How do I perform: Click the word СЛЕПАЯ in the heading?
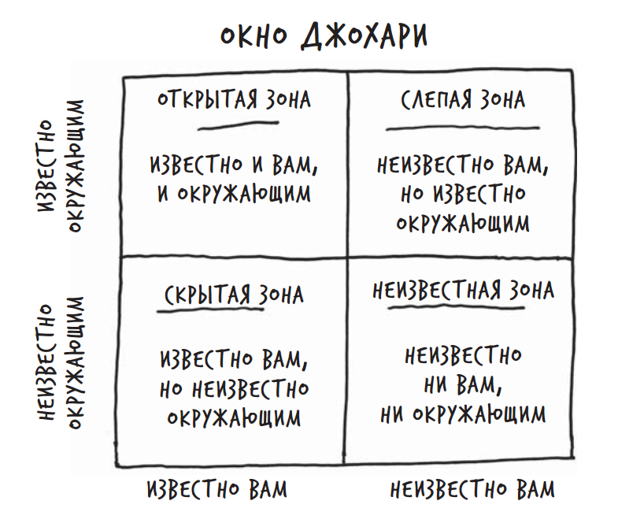point(437,100)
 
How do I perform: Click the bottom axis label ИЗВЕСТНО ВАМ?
point(217,489)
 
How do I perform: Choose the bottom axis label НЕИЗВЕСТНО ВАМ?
point(472,489)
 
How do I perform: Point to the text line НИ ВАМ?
point(463,385)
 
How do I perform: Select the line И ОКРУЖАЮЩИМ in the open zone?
point(234,193)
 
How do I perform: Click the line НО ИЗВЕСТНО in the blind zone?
point(463,194)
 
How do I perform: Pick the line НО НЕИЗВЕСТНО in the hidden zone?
point(235,388)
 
